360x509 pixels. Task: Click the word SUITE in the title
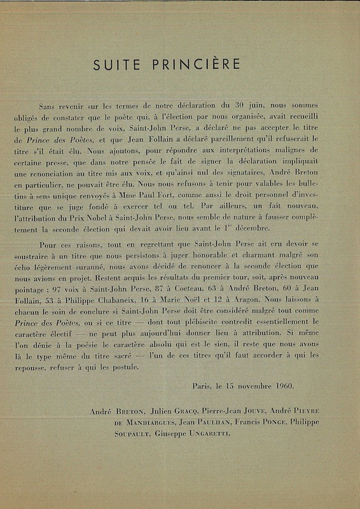pyautogui.click(x=114, y=65)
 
